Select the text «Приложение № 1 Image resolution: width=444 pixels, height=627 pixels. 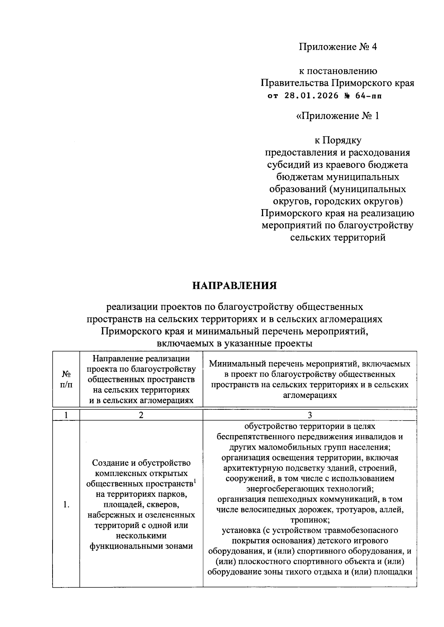337,116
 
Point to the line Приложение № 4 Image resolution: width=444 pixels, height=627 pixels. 337,47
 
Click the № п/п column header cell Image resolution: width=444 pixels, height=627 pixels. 66,379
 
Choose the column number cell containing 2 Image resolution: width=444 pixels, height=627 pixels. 141,415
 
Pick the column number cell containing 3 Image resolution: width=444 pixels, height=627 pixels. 310,415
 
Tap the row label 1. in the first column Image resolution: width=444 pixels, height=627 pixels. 66,505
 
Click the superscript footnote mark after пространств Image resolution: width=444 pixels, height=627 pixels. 195,481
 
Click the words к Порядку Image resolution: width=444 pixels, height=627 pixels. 337,140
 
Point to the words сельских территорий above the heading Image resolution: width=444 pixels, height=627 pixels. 337,238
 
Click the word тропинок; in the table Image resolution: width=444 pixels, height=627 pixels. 310,520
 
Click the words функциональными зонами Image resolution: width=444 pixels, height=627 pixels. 141,546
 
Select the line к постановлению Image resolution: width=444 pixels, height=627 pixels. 337,71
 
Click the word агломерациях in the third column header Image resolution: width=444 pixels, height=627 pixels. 310,395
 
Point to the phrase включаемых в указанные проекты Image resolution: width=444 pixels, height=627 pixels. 234,343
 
